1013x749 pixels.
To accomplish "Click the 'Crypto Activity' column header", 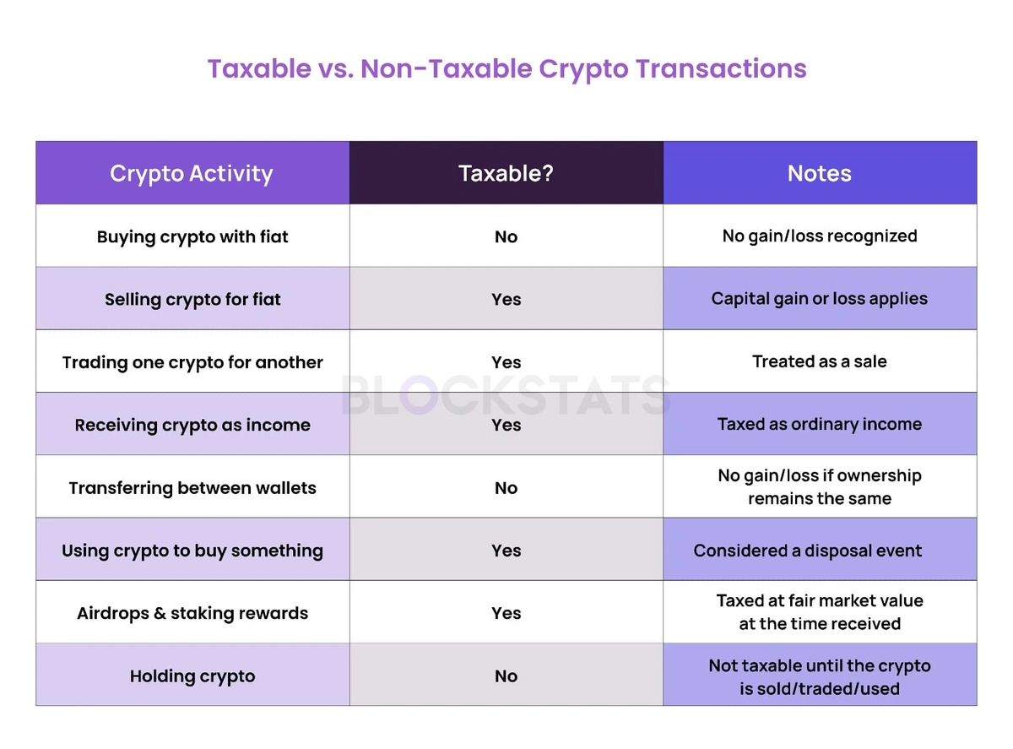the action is click(191, 174).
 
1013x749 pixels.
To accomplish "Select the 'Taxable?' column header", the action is click(506, 174).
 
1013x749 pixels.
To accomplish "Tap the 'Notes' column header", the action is click(820, 174).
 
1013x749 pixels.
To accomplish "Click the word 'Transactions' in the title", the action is click(721, 68).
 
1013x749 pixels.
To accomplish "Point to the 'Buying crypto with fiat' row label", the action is click(192, 236).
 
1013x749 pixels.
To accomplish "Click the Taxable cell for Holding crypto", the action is click(506, 676).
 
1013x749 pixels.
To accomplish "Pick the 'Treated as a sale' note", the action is click(820, 361).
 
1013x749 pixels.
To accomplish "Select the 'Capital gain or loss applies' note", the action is click(820, 299).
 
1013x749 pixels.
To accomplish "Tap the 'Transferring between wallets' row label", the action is click(192, 488).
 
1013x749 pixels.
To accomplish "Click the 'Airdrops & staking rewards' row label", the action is click(192, 613).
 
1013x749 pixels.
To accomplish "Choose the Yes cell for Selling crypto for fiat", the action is click(506, 299).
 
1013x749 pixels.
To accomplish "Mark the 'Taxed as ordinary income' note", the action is click(820, 425).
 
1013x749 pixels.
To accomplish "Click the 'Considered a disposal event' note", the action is click(808, 551).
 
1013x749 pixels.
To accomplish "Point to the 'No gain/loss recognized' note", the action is click(820, 236).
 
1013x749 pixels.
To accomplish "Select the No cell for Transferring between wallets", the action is click(506, 488).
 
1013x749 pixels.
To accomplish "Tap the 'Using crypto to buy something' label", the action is click(192, 551).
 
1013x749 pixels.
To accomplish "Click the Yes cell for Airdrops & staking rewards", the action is click(506, 613).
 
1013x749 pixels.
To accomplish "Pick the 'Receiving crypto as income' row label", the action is click(192, 425).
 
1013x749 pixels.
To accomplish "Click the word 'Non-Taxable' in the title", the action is click(447, 68).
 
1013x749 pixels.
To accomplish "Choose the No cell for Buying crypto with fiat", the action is click(506, 236).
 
